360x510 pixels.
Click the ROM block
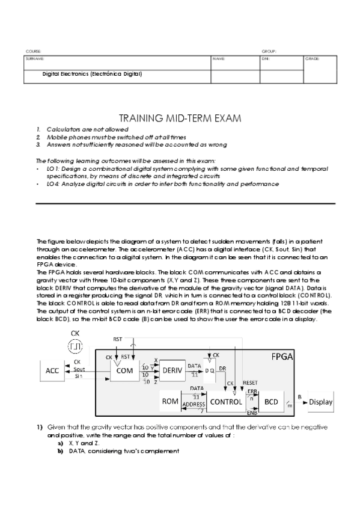(x=169, y=401)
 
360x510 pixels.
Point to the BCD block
(x=270, y=401)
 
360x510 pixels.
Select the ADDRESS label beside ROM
(x=194, y=405)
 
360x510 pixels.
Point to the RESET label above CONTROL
(x=249, y=382)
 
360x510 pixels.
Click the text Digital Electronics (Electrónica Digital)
(x=92, y=75)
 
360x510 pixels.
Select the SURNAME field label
(x=31, y=59)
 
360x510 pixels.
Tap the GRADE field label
(x=313, y=59)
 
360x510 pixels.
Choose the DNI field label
(x=266, y=59)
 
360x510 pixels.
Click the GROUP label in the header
(x=268, y=52)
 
